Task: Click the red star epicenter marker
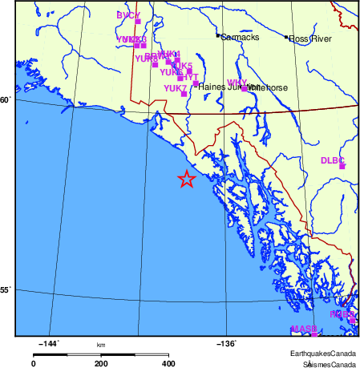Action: click(x=186, y=179)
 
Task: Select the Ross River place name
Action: click(x=310, y=38)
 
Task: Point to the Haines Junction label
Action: click(x=221, y=87)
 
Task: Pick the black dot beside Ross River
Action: click(x=286, y=37)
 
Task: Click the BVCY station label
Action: click(x=127, y=15)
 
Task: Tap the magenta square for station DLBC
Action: click(x=342, y=166)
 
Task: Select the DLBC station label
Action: click(x=332, y=160)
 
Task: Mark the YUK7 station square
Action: click(x=184, y=94)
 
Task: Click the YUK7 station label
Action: click(x=175, y=88)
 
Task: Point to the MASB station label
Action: click(x=304, y=329)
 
